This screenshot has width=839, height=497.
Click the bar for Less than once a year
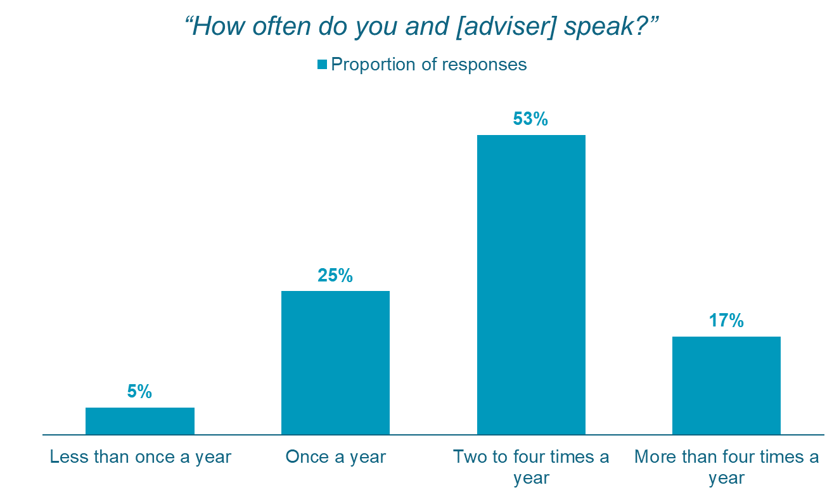[140, 421]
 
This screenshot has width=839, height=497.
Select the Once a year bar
[335, 363]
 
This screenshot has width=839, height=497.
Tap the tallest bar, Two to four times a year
[531, 285]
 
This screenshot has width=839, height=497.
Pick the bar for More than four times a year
[726, 385]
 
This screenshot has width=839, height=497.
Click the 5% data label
[139, 392]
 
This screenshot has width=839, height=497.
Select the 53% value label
[531, 119]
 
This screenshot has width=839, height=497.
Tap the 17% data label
[726, 321]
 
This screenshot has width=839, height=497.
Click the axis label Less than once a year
[141, 457]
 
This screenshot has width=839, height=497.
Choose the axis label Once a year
[335, 457]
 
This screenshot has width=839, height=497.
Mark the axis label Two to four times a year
[531, 467]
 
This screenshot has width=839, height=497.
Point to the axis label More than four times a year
[726, 467]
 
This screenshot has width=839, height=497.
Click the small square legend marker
[322, 64]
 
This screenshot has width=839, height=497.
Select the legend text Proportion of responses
[429, 64]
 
